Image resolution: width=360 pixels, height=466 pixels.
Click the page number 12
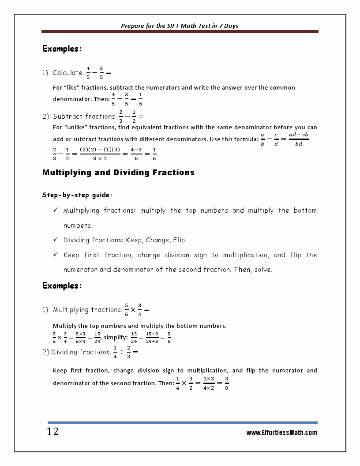pos(52,432)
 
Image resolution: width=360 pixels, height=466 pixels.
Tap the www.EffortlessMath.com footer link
pos(281,433)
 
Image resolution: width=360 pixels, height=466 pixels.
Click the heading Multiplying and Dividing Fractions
pos(118,173)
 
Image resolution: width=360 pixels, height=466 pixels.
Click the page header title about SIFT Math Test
pos(180,26)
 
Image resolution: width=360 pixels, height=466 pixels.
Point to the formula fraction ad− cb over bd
pos(299,139)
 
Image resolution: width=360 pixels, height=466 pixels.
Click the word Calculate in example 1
pos(68,73)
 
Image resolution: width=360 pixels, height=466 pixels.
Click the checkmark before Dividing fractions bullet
pos(56,240)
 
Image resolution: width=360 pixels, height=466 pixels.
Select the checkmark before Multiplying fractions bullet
pos(56,210)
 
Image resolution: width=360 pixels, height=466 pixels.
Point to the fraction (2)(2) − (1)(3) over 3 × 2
pos(100,154)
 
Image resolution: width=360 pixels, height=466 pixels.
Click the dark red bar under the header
pos(180,32)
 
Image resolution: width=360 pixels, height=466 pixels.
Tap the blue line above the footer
pos(182,423)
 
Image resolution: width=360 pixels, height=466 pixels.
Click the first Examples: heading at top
pos(62,49)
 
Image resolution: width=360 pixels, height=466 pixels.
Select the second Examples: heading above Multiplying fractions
pos(62,286)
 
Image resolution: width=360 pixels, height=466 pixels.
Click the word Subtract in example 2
pos(68,116)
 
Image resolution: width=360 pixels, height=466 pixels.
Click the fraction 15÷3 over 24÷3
pos(152,337)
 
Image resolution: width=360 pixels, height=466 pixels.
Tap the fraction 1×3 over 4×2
pos(209,383)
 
